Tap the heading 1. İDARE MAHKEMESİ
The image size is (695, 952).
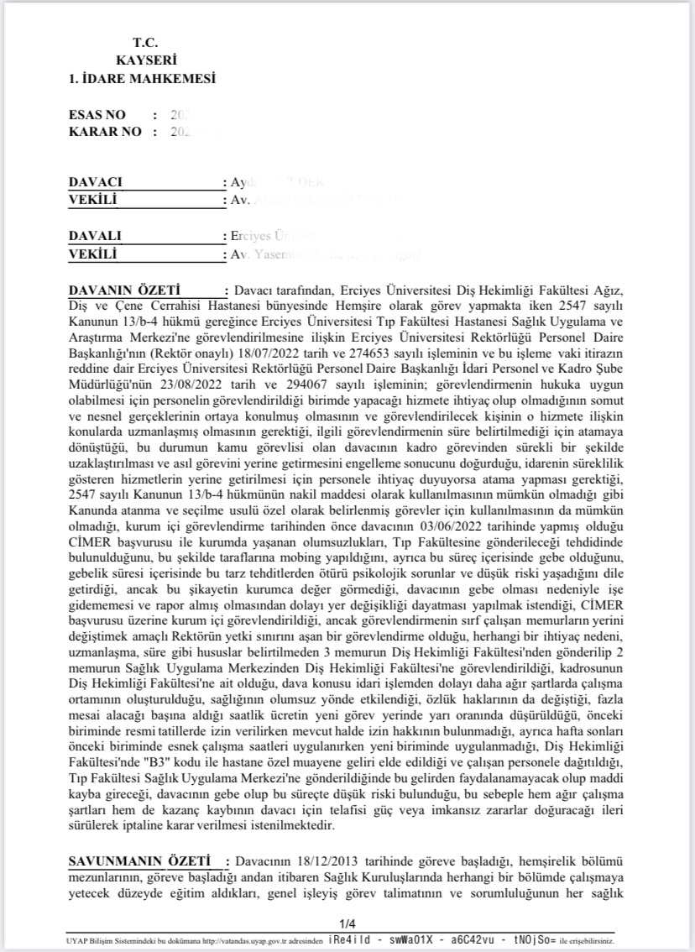coord(142,79)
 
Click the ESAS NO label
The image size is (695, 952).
coord(97,114)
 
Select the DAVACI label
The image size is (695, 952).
coord(96,182)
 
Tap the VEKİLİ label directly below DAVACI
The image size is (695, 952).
coord(92,200)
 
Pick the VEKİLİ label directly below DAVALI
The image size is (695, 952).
coord(92,254)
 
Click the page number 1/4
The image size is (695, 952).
coord(347,923)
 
